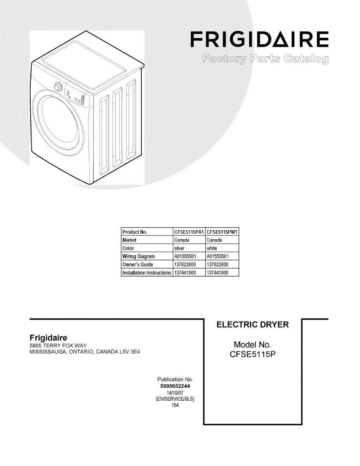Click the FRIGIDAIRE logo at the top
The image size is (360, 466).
pos(259,40)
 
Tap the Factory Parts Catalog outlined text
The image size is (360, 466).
pos(265,59)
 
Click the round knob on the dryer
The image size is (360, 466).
pos(58,87)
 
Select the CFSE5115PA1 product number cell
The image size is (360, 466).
pos(189,232)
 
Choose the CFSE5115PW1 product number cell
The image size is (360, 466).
pos(222,232)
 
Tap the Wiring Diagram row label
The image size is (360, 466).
pos(138,256)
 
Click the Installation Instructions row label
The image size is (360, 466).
pos(147,273)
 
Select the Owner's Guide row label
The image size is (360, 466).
pos(137,264)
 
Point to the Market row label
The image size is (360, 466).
pos(129,240)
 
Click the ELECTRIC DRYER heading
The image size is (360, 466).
pos(252,325)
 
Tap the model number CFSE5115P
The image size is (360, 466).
pos(252,354)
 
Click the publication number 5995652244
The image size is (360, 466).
pos(175,386)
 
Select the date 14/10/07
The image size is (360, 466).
pos(175,393)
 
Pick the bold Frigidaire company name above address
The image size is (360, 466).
pos(49,338)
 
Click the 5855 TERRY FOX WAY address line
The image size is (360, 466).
pos(58,346)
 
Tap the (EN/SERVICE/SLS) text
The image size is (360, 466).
pos(175,399)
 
